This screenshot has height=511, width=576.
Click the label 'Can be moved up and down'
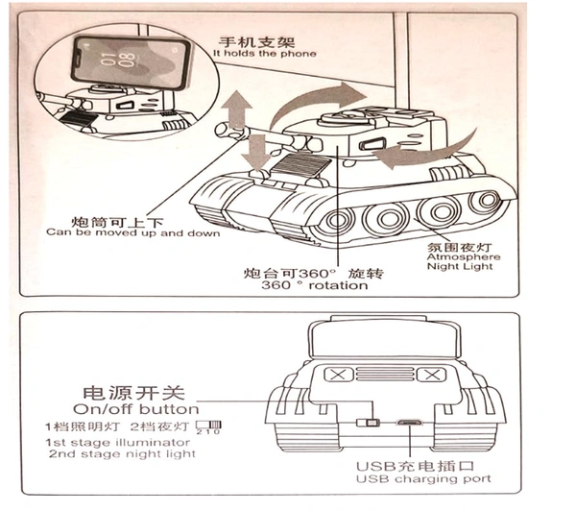[132, 233]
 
